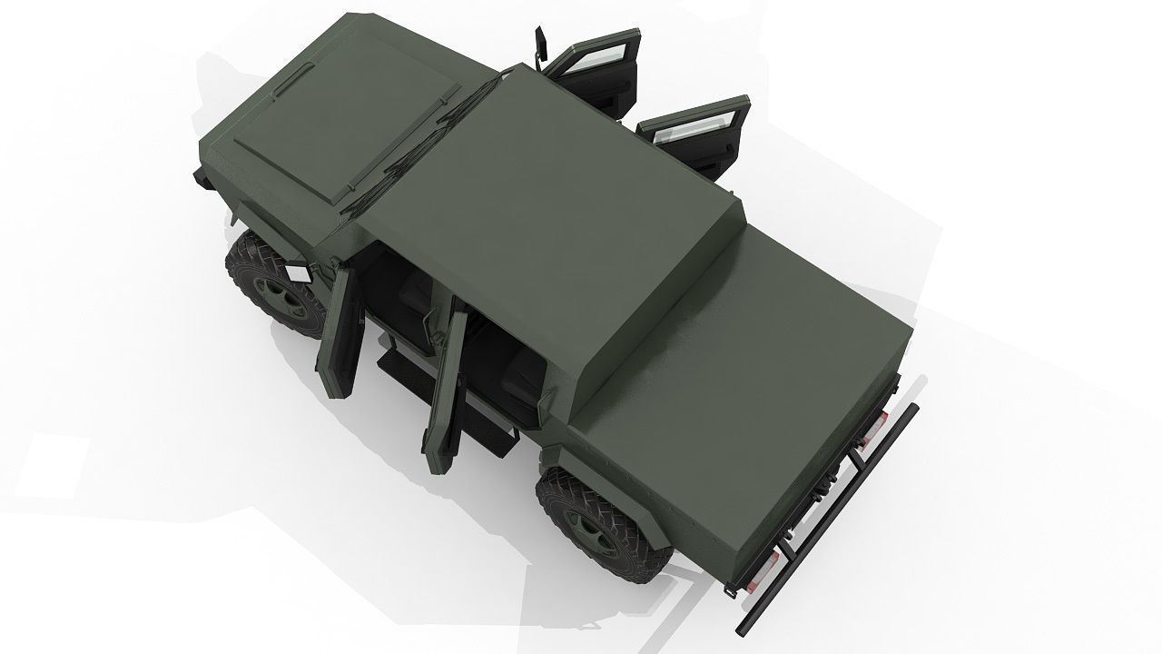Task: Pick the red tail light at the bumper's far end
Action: pyautogui.click(x=875, y=425)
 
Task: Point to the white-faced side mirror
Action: pyautogui.click(x=297, y=272)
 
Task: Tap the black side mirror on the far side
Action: pyautogui.click(x=542, y=45)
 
